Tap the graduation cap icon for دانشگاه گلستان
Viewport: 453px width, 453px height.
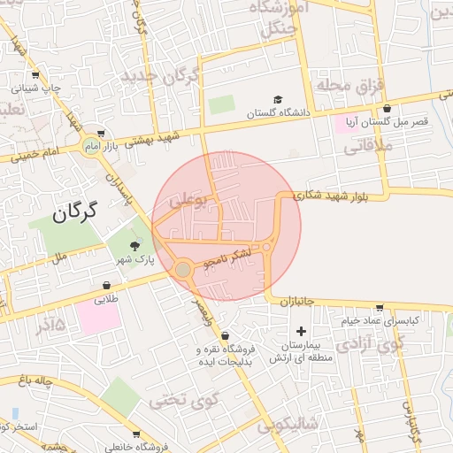point(278,100)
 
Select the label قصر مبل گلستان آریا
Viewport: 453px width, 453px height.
point(391,121)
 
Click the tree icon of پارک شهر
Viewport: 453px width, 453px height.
point(134,245)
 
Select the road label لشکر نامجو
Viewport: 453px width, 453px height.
point(227,257)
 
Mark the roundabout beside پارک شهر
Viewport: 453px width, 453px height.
point(183,269)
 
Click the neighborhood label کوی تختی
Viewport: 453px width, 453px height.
point(183,399)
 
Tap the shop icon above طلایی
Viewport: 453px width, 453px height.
point(107,285)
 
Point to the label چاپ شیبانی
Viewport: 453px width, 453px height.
point(38,88)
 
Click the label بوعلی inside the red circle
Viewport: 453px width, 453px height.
point(188,203)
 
